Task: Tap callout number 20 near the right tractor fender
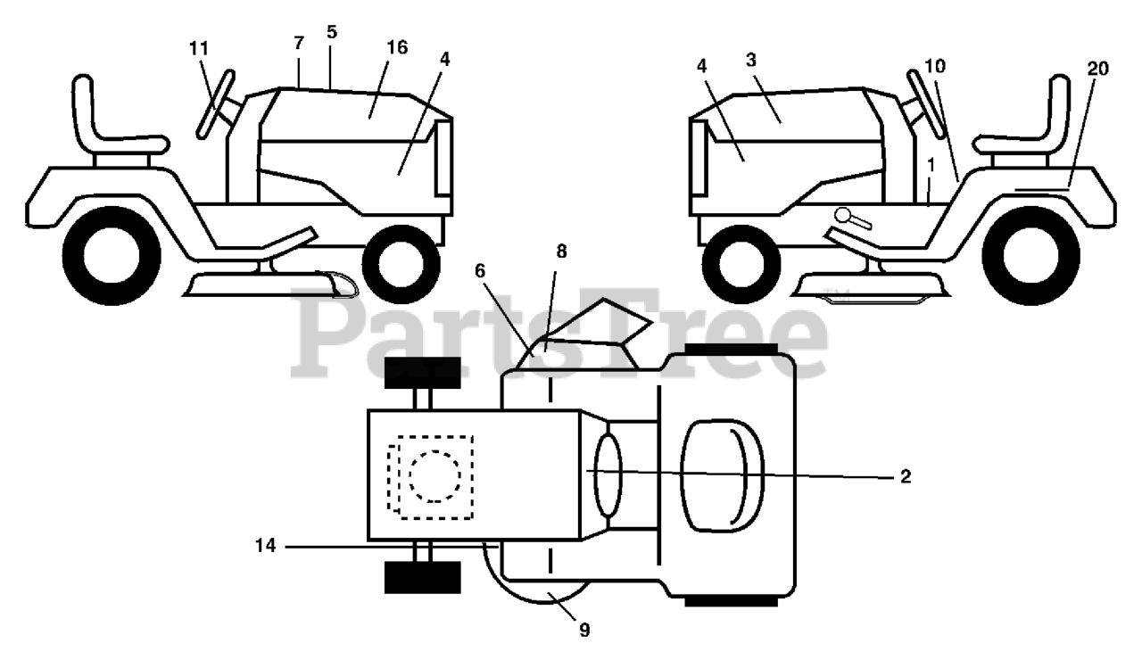click(x=1097, y=70)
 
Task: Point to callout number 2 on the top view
click(x=905, y=477)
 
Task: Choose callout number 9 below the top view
click(x=584, y=630)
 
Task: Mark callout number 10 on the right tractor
click(x=935, y=66)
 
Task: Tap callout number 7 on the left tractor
click(x=298, y=42)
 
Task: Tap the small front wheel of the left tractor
click(x=401, y=263)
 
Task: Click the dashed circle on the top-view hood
click(x=435, y=475)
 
